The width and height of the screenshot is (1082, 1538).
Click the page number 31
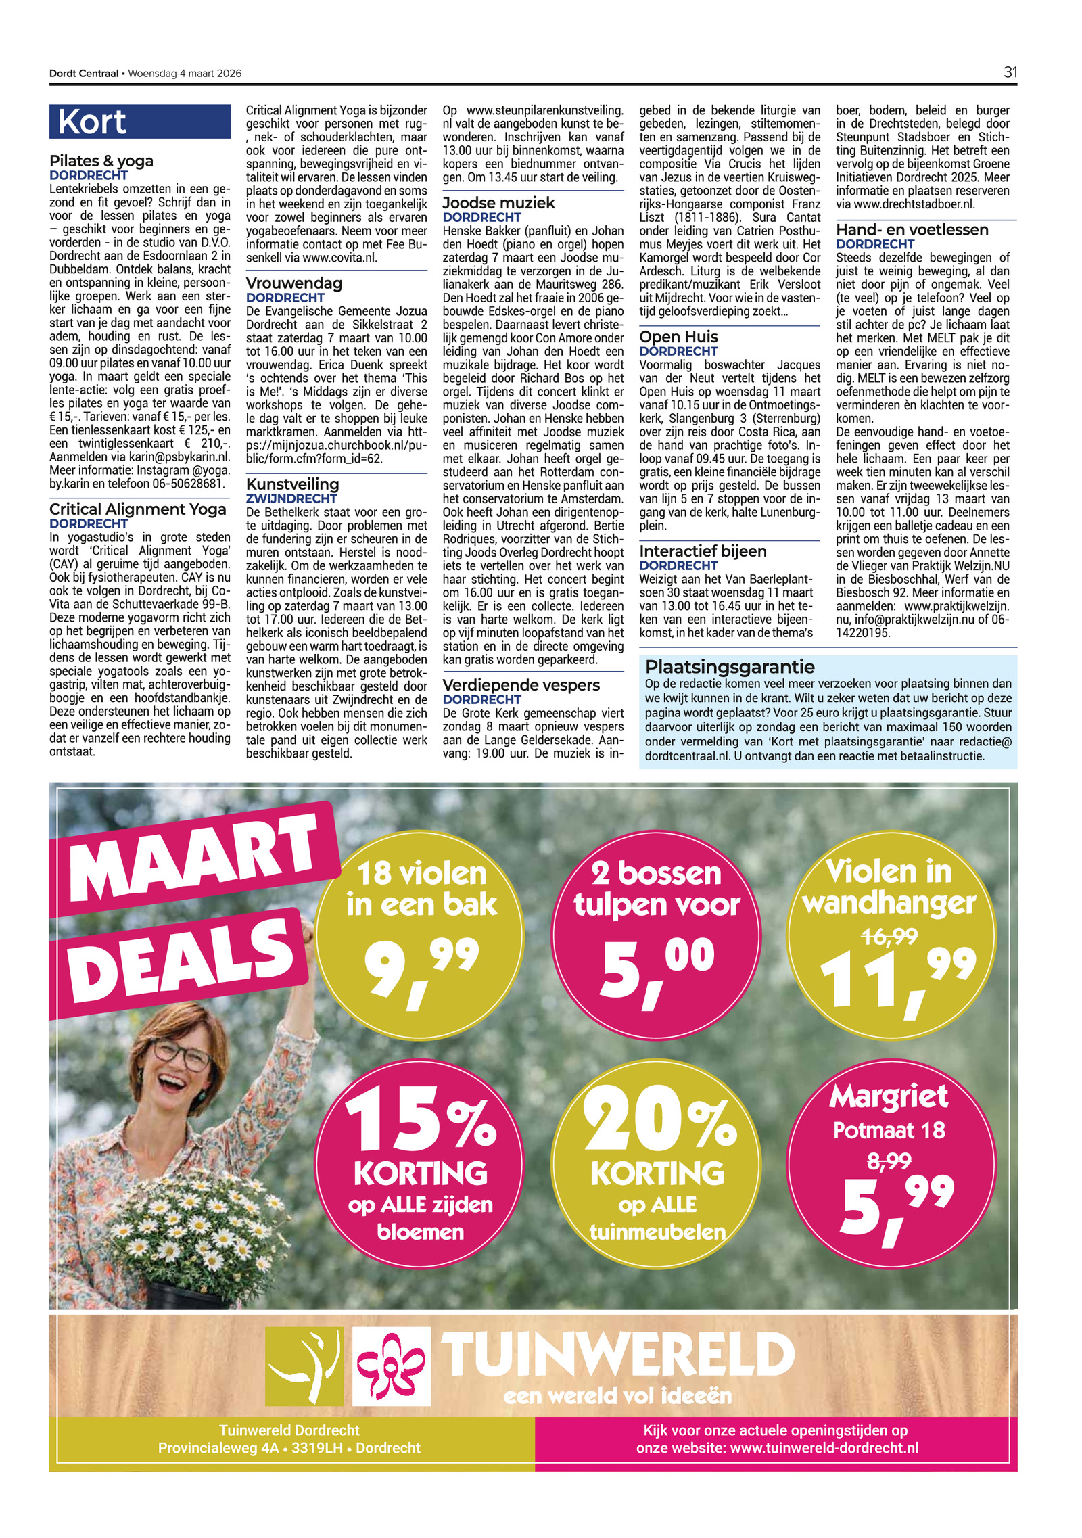tap(1010, 72)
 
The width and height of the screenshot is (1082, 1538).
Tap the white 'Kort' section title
tap(92, 122)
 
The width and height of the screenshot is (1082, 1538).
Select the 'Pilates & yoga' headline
tap(101, 161)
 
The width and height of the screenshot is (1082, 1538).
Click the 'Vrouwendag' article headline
tap(294, 283)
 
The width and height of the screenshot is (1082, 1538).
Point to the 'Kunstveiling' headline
tap(293, 484)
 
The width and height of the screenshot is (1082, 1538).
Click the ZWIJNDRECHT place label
tap(291, 498)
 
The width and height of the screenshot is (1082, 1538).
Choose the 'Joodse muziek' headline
tap(498, 203)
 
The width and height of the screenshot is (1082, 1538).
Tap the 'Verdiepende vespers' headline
tap(521, 685)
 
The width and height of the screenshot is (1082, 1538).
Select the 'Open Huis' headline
tap(679, 337)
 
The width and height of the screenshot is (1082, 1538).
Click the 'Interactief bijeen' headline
tap(703, 551)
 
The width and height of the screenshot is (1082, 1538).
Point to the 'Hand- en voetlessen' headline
tap(912, 230)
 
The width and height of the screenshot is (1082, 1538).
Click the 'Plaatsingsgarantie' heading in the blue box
tap(730, 667)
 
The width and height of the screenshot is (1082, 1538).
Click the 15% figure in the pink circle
tap(421, 1121)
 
